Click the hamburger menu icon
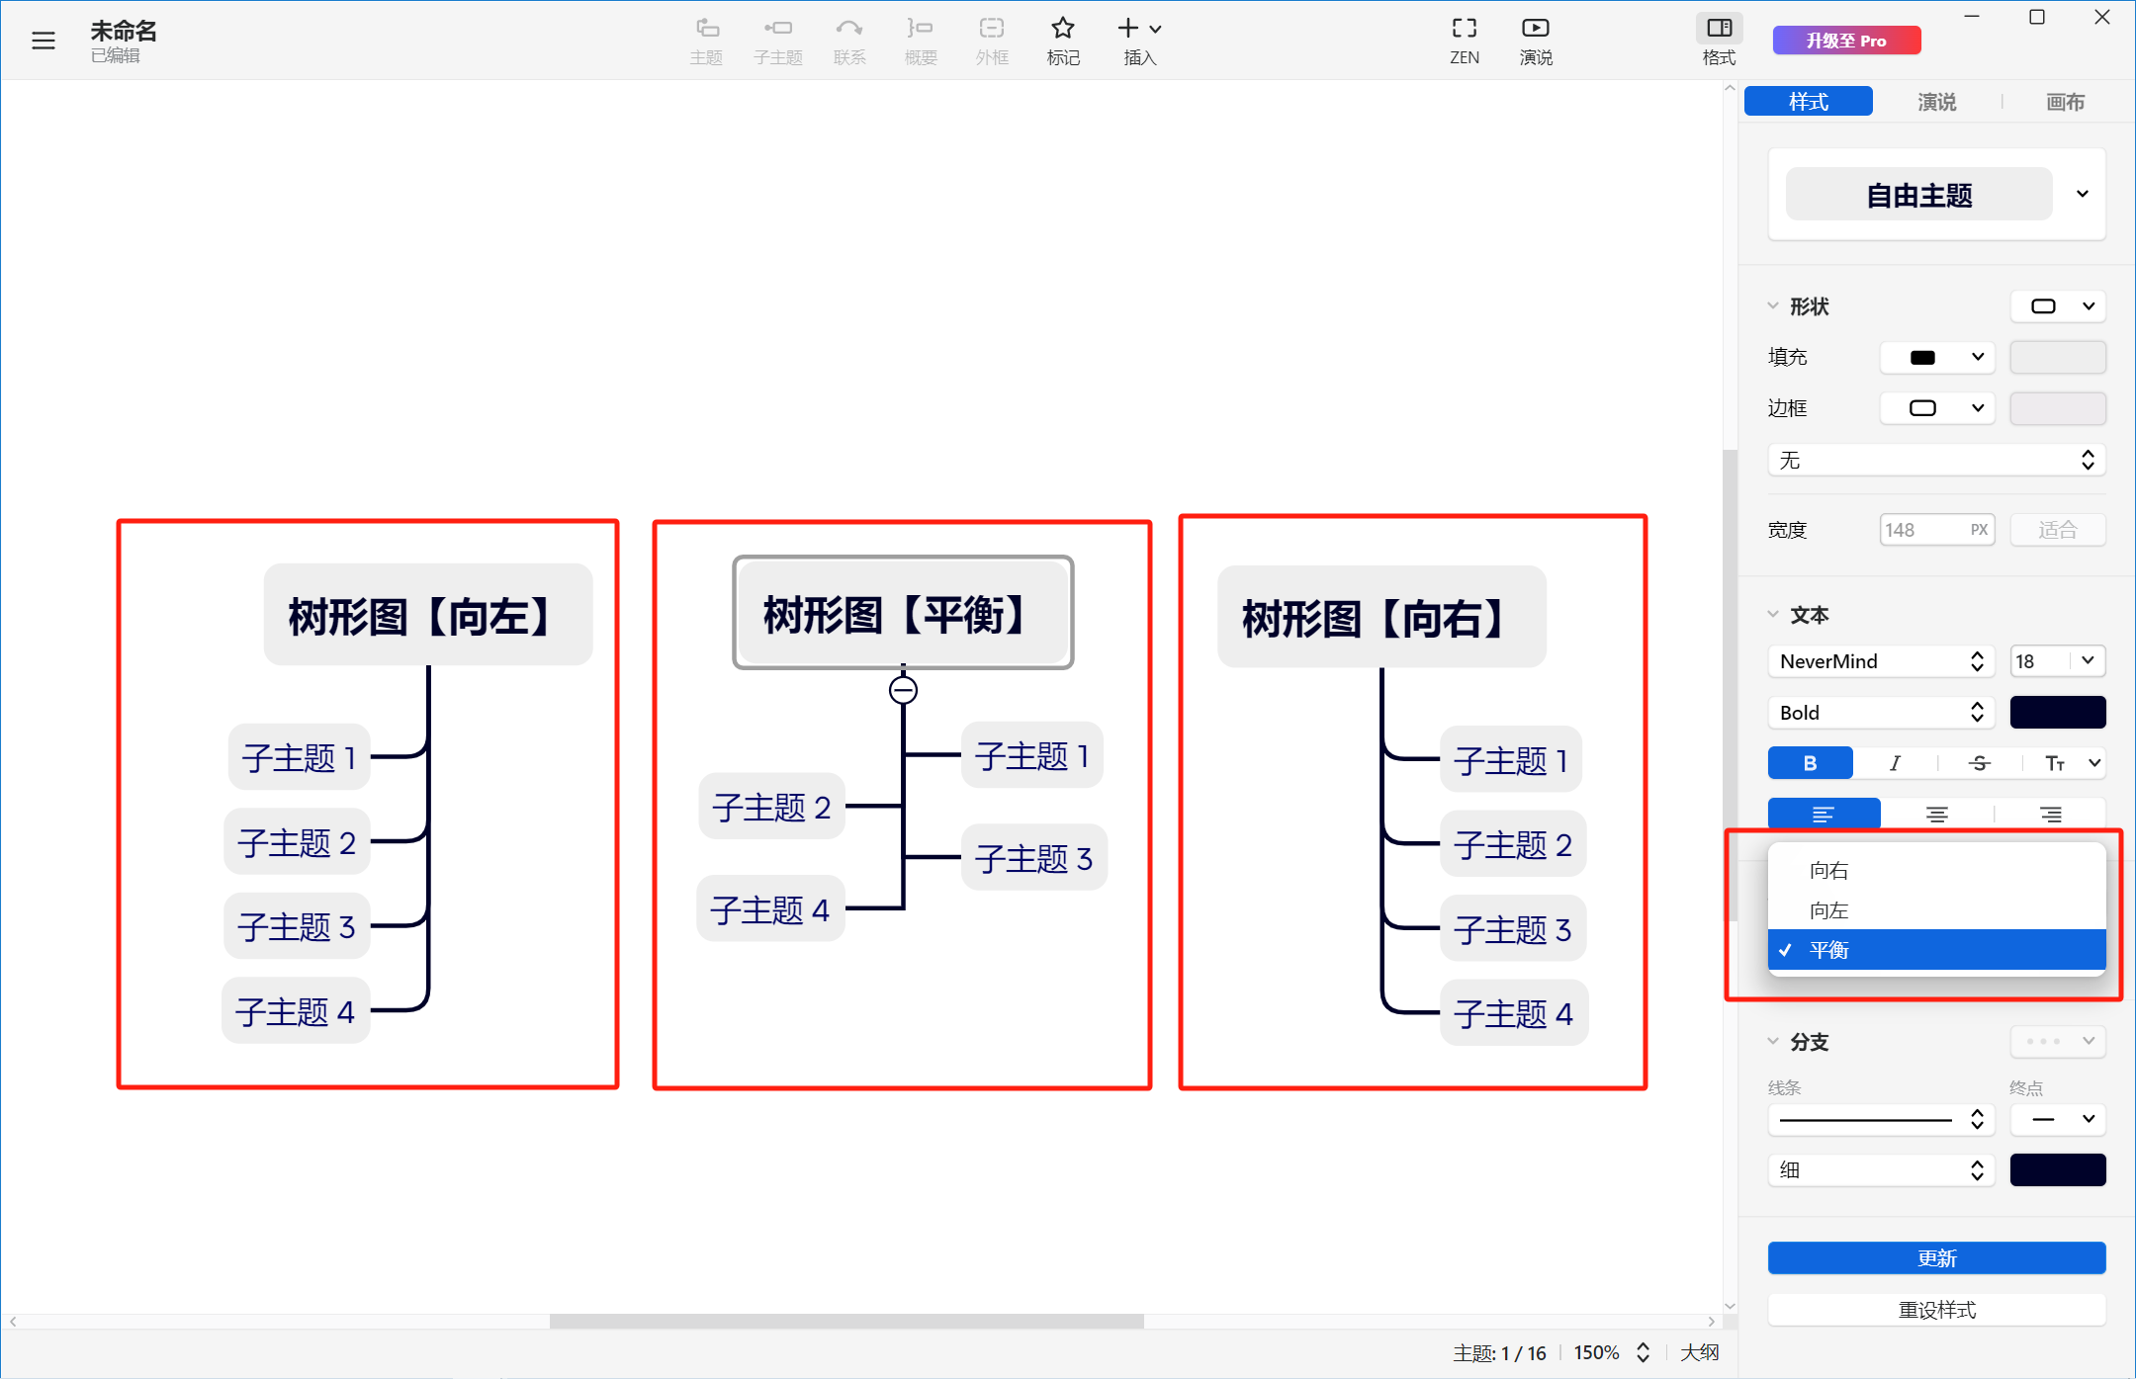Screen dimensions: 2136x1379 pos(44,41)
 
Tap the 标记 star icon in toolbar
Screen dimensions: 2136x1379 pos(1063,28)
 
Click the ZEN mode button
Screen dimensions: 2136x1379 pos(1465,41)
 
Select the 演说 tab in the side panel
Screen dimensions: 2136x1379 pos(1936,102)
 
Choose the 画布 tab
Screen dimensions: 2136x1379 pos(2065,102)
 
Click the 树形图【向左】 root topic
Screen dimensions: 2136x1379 pos(428,615)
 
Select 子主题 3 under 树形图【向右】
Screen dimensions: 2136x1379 pos(1513,929)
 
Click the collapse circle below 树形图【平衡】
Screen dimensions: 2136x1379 pos(903,690)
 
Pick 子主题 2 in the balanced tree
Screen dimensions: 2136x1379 pos(771,807)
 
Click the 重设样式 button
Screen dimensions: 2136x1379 pos(1936,1310)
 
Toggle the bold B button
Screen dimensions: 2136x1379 pos(1810,763)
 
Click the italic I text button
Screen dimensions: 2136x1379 pos(1895,763)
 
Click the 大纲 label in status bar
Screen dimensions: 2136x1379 pos(1700,1352)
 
